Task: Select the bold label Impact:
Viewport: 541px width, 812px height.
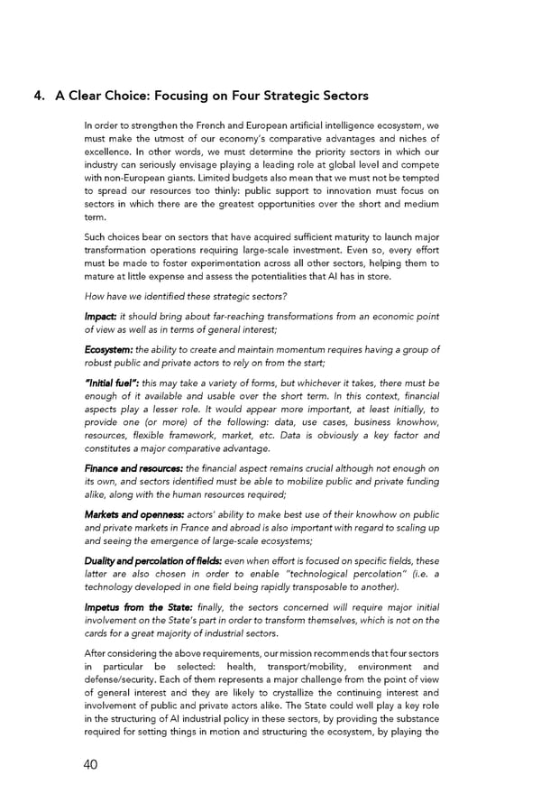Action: point(100,316)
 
